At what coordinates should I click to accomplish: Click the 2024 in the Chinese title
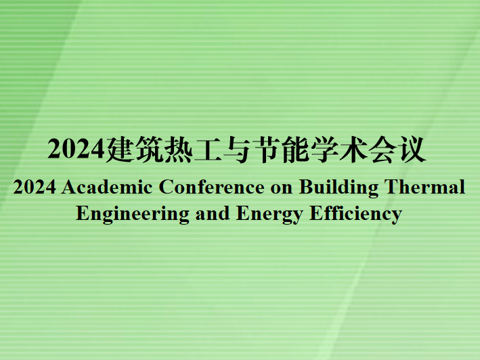tap(76, 149)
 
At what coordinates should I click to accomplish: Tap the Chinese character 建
tap(119, 149)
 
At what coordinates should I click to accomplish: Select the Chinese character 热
tap(178, 149)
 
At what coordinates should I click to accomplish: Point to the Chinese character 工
tap(208, 150)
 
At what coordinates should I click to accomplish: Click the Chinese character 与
tap(237, 150)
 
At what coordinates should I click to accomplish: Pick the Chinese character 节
tap(266, 149)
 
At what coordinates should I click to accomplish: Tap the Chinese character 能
tap(295, 149)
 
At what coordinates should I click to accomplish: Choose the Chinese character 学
tap(324, 149)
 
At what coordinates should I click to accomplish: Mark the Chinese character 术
tap(353, 149)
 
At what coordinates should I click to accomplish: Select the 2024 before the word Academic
tap(35, 187)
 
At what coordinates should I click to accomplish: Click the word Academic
tap(107, 187)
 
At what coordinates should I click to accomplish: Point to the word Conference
tap(211, 187)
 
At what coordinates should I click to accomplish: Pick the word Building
tap(339, 187)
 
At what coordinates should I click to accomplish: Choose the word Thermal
tap(425, 186)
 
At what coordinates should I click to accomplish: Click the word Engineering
tap(133, 214)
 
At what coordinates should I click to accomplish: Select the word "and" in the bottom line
tap(213, 213)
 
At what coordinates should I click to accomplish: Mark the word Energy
tap(269, 214)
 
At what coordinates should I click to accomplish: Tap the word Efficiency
tap(355, 214)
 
